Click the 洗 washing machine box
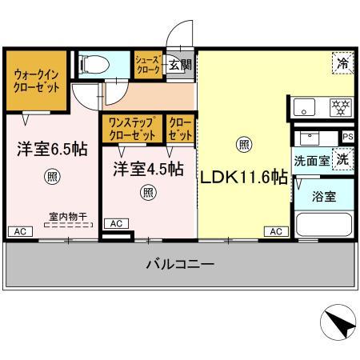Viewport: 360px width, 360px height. tap(342, 159)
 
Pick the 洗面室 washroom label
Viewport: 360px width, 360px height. tap(311, 160)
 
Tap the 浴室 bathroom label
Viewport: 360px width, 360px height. tap(323, 195)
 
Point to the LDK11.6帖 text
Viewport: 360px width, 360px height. tap(243, 178)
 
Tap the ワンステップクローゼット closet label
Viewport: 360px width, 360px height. tap(131, 129)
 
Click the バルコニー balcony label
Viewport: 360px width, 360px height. tap(179, 262)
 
